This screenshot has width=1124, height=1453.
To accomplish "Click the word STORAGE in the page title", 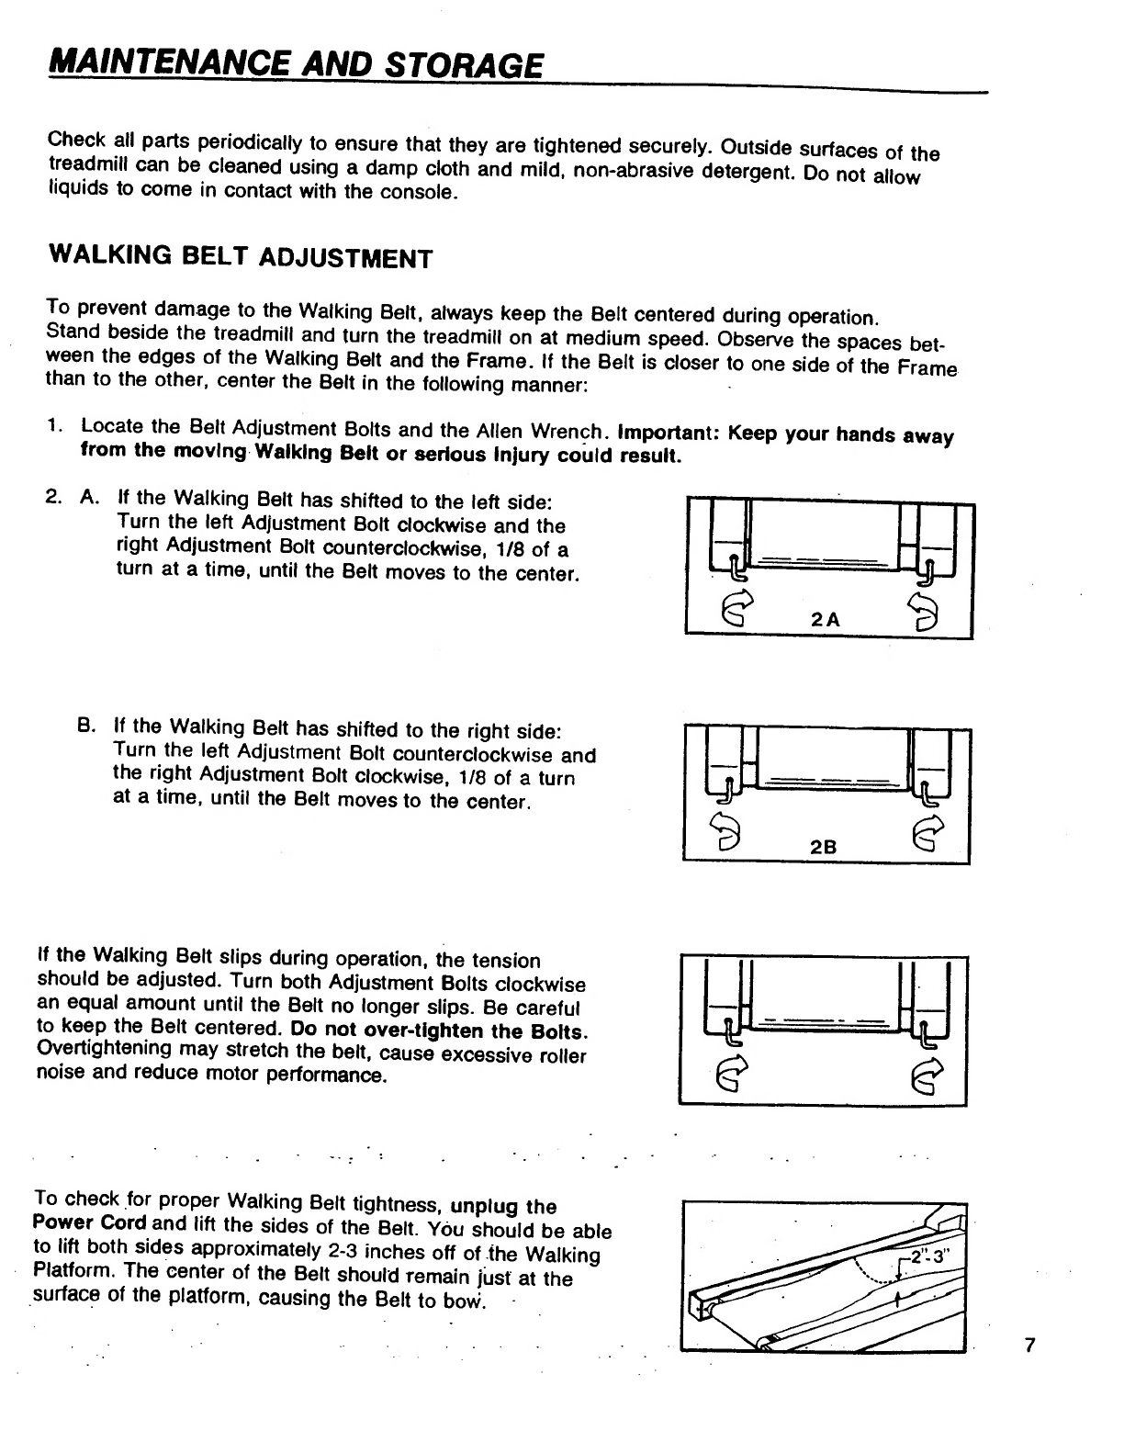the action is coord(464,66).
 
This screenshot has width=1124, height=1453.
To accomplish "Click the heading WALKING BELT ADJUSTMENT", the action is coord(241,257).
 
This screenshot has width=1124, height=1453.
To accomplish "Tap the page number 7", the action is coord(1029,1345).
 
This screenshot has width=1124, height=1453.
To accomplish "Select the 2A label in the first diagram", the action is coord(826,620).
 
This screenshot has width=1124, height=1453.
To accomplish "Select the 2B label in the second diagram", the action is coord(824,847).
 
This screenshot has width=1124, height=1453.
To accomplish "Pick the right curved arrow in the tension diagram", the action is coord(927,1076).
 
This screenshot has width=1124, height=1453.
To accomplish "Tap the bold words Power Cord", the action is coord(90,1222).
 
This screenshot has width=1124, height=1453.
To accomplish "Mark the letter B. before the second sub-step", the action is coord(86,725).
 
